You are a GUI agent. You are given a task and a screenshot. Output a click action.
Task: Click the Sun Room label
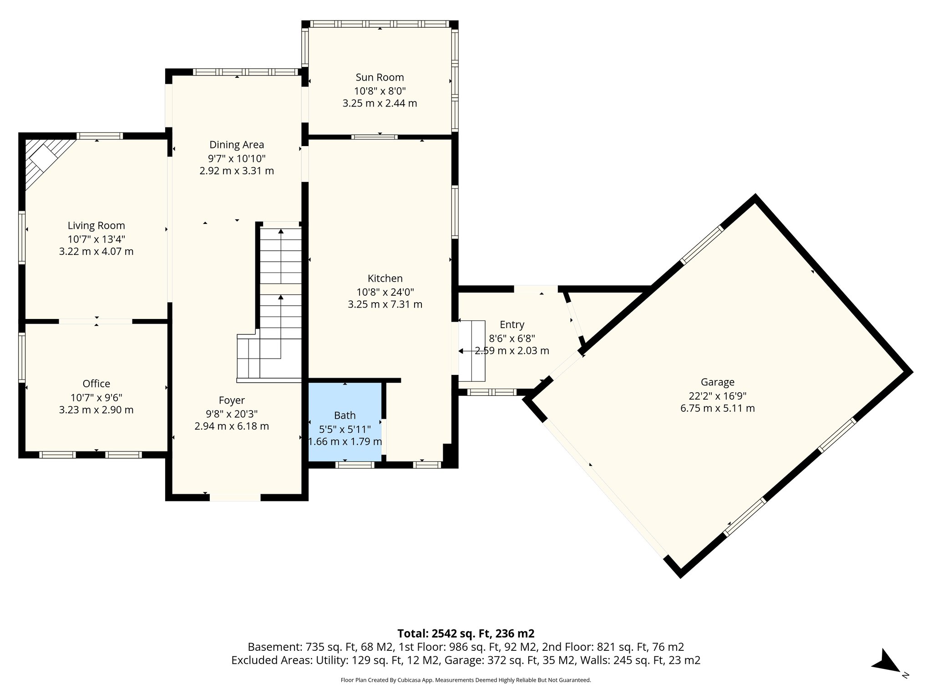[380, 77]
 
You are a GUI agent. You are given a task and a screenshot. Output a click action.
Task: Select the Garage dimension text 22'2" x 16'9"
[717, 396]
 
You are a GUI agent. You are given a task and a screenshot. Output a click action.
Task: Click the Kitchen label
[385, 278]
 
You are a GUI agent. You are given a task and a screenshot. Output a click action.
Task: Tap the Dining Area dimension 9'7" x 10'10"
[237, 158]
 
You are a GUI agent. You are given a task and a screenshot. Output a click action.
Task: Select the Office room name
[96, 384]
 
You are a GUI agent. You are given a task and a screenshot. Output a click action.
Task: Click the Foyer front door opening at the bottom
[235, 497]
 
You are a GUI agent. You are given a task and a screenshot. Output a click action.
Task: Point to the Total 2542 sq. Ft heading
[466, 633]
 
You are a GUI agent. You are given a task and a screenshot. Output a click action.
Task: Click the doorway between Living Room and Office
[96, 321]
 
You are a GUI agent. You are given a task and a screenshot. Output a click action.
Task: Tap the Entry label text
[512, 324]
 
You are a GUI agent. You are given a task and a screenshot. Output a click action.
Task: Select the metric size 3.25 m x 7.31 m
[385, 304]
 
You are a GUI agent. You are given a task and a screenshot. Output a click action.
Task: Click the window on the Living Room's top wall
[99, 136]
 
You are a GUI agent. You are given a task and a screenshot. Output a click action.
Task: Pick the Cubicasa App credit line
[466, 680]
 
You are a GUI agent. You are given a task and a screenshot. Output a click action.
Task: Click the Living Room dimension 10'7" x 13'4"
[96, 239]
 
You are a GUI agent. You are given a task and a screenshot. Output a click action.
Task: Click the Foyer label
[232, 400]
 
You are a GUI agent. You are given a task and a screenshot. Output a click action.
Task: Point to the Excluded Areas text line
[466, 660]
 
